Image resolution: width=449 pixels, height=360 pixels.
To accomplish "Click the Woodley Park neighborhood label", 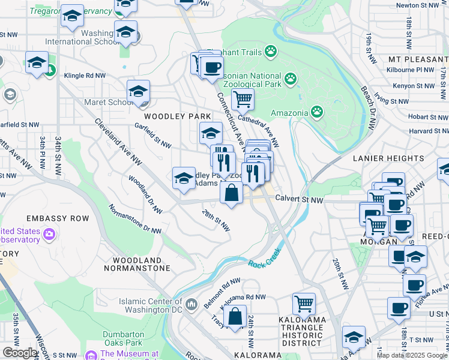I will point(176,116).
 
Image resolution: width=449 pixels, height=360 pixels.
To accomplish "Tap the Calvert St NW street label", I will point(299,200).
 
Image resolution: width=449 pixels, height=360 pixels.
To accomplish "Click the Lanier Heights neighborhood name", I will point(389,158).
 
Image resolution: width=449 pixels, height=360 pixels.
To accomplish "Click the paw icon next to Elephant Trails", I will point(271,52).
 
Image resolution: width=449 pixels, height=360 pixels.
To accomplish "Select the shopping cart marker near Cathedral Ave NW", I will point(243,100).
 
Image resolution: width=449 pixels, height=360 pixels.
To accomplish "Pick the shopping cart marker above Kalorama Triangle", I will point(304,304).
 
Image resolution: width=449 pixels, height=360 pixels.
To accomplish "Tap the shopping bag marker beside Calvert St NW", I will point(231,193).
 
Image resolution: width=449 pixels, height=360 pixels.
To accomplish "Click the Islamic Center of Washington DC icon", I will point(191,305).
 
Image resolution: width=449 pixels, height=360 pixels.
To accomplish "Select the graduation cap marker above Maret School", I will point(138,92).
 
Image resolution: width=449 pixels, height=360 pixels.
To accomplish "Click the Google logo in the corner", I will point(20,353).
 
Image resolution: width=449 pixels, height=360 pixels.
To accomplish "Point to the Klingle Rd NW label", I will point(85,76).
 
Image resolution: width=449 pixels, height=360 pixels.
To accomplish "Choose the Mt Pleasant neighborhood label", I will point(418,60).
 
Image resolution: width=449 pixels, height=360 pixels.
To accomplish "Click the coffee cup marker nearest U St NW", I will point(399,308).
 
